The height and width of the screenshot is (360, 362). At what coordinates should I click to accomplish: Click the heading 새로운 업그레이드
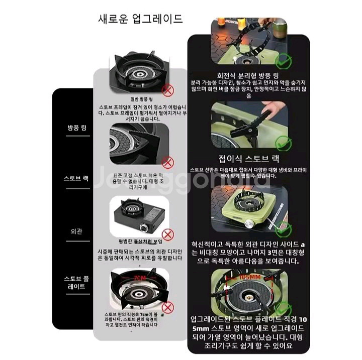(140, 20)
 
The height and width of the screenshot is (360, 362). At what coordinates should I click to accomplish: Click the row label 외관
(76, 232)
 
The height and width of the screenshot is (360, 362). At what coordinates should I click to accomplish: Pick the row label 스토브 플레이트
(76, 282)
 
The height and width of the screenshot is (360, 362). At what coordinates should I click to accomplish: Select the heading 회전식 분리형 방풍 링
(245, 72)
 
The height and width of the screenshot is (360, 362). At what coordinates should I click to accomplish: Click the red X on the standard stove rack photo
(168, 162)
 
